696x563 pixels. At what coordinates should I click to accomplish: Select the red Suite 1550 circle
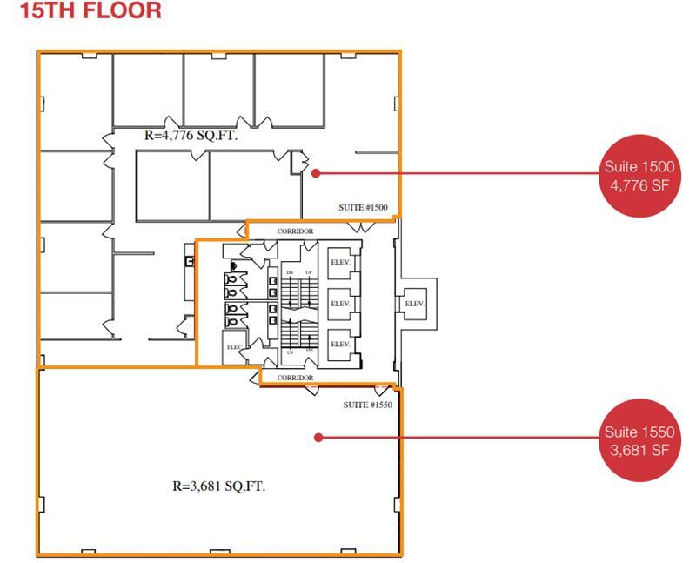(638, 439)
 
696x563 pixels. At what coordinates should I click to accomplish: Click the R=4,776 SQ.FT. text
(190, 136)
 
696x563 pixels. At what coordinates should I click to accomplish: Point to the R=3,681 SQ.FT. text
(218, 486)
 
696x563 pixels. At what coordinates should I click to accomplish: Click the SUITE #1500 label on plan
(363, 208)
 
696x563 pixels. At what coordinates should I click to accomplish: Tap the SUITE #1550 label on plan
(368, 405)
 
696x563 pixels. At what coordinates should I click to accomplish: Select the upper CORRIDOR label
(295, 231)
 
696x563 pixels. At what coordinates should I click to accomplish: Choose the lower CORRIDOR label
(295, 378)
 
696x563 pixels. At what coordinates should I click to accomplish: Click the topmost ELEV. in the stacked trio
(339, 262)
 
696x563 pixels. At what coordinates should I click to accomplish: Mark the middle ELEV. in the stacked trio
(339, 303)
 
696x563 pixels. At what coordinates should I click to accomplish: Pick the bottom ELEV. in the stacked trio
(339, 344)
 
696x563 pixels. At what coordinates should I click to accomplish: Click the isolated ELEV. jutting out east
(414, 303)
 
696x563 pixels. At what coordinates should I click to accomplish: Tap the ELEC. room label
(234, 347)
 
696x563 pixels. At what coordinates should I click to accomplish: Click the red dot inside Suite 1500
(316, 172)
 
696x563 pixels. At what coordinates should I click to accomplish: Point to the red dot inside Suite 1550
(318, 438)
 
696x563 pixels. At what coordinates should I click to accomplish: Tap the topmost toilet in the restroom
(232, 265)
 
